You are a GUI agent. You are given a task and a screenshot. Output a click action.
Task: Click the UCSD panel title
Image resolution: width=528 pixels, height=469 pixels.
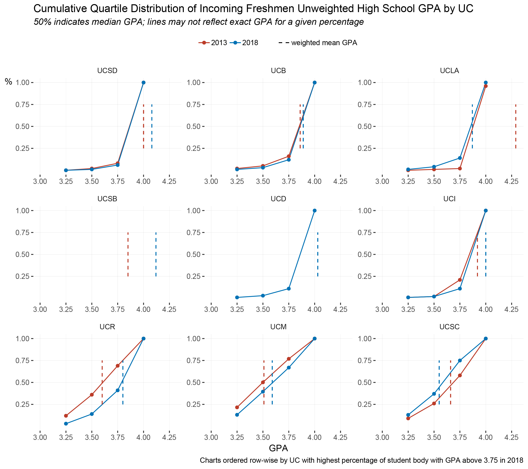click(x=107, y=71)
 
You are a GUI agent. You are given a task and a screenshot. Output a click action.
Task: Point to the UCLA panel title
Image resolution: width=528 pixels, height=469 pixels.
click(x=449, y=71)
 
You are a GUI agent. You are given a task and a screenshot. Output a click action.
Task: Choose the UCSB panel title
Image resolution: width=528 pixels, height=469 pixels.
click(x=107, y=199)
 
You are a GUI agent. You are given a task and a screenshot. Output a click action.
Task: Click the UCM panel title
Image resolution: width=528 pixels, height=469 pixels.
click(x=278, y=327)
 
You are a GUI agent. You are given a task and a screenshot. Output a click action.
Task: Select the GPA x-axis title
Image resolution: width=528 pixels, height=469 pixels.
click(x=278, y=448)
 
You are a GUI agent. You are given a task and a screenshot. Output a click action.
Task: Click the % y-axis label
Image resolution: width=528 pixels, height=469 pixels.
click(x=9, y=82)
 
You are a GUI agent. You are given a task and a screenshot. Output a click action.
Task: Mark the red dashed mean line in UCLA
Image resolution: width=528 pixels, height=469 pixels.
click(x=516, y=126)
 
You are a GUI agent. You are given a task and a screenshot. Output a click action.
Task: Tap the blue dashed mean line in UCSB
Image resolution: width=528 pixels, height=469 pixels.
click(x=156, y=254)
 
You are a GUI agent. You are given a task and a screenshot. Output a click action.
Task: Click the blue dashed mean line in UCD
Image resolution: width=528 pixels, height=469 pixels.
click(x=318, y=254)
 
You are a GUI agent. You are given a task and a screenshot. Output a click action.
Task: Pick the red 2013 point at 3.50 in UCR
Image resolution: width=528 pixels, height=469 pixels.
click(x=92, y=395)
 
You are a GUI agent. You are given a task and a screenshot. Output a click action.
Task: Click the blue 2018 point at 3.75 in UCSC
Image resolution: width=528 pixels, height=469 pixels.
click(x=460, y=360)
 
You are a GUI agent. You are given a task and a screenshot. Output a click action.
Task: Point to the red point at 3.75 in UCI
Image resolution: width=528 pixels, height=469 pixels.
click(x=460, y=280)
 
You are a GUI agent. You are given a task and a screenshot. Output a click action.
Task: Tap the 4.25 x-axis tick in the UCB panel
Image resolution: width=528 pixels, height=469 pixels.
click(x=340, y=182)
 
